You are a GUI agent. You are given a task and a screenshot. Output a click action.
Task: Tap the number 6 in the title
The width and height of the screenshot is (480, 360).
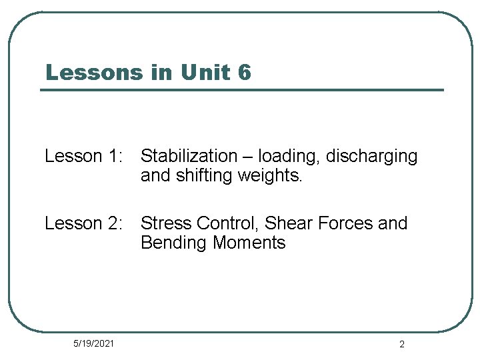point(244,72)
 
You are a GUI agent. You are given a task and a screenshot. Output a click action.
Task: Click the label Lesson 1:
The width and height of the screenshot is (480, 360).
point(83,157)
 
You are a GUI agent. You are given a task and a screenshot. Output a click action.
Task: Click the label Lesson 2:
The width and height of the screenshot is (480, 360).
point(83,223)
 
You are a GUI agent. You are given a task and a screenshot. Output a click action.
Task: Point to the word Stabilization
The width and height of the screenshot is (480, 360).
point(189,157)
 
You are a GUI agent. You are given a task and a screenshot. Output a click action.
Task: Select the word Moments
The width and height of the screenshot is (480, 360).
point(249,243)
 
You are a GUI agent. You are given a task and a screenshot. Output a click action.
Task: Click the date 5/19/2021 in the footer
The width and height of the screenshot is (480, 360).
point(93,343)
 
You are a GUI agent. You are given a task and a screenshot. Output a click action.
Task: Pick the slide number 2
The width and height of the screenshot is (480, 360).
point(401,344)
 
